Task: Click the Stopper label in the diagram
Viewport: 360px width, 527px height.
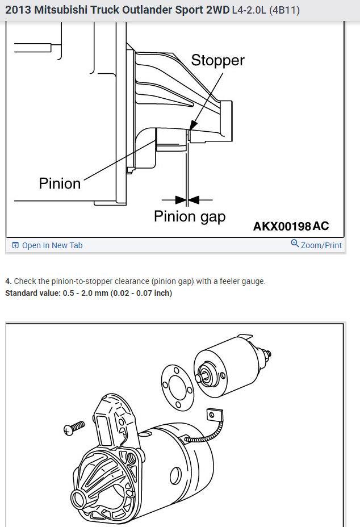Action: [217, 60]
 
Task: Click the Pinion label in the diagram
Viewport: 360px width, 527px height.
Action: [60, 183]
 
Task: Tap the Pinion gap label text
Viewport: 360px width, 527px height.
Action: [190, 216]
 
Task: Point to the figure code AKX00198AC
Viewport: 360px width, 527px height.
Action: [291, 227]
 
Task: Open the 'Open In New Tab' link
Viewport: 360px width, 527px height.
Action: [52, 245]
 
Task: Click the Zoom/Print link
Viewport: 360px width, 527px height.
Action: [321, 245]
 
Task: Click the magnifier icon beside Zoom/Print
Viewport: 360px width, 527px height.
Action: [295, 244]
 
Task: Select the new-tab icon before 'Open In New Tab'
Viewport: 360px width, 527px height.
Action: [15, 245]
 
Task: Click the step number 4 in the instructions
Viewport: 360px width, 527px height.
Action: [7, 281]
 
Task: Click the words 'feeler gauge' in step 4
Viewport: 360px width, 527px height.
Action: [244, 281]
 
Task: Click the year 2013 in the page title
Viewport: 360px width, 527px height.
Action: [19, 10]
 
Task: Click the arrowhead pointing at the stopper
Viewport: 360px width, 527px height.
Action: [194, 123]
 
